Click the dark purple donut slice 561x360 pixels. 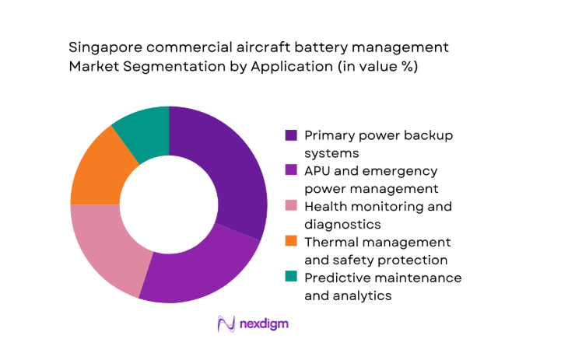230,167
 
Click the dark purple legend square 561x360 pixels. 291,135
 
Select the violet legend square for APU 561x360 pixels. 291,171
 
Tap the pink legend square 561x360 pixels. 291,207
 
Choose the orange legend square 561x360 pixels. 291,243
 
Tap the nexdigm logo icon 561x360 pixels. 226,323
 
